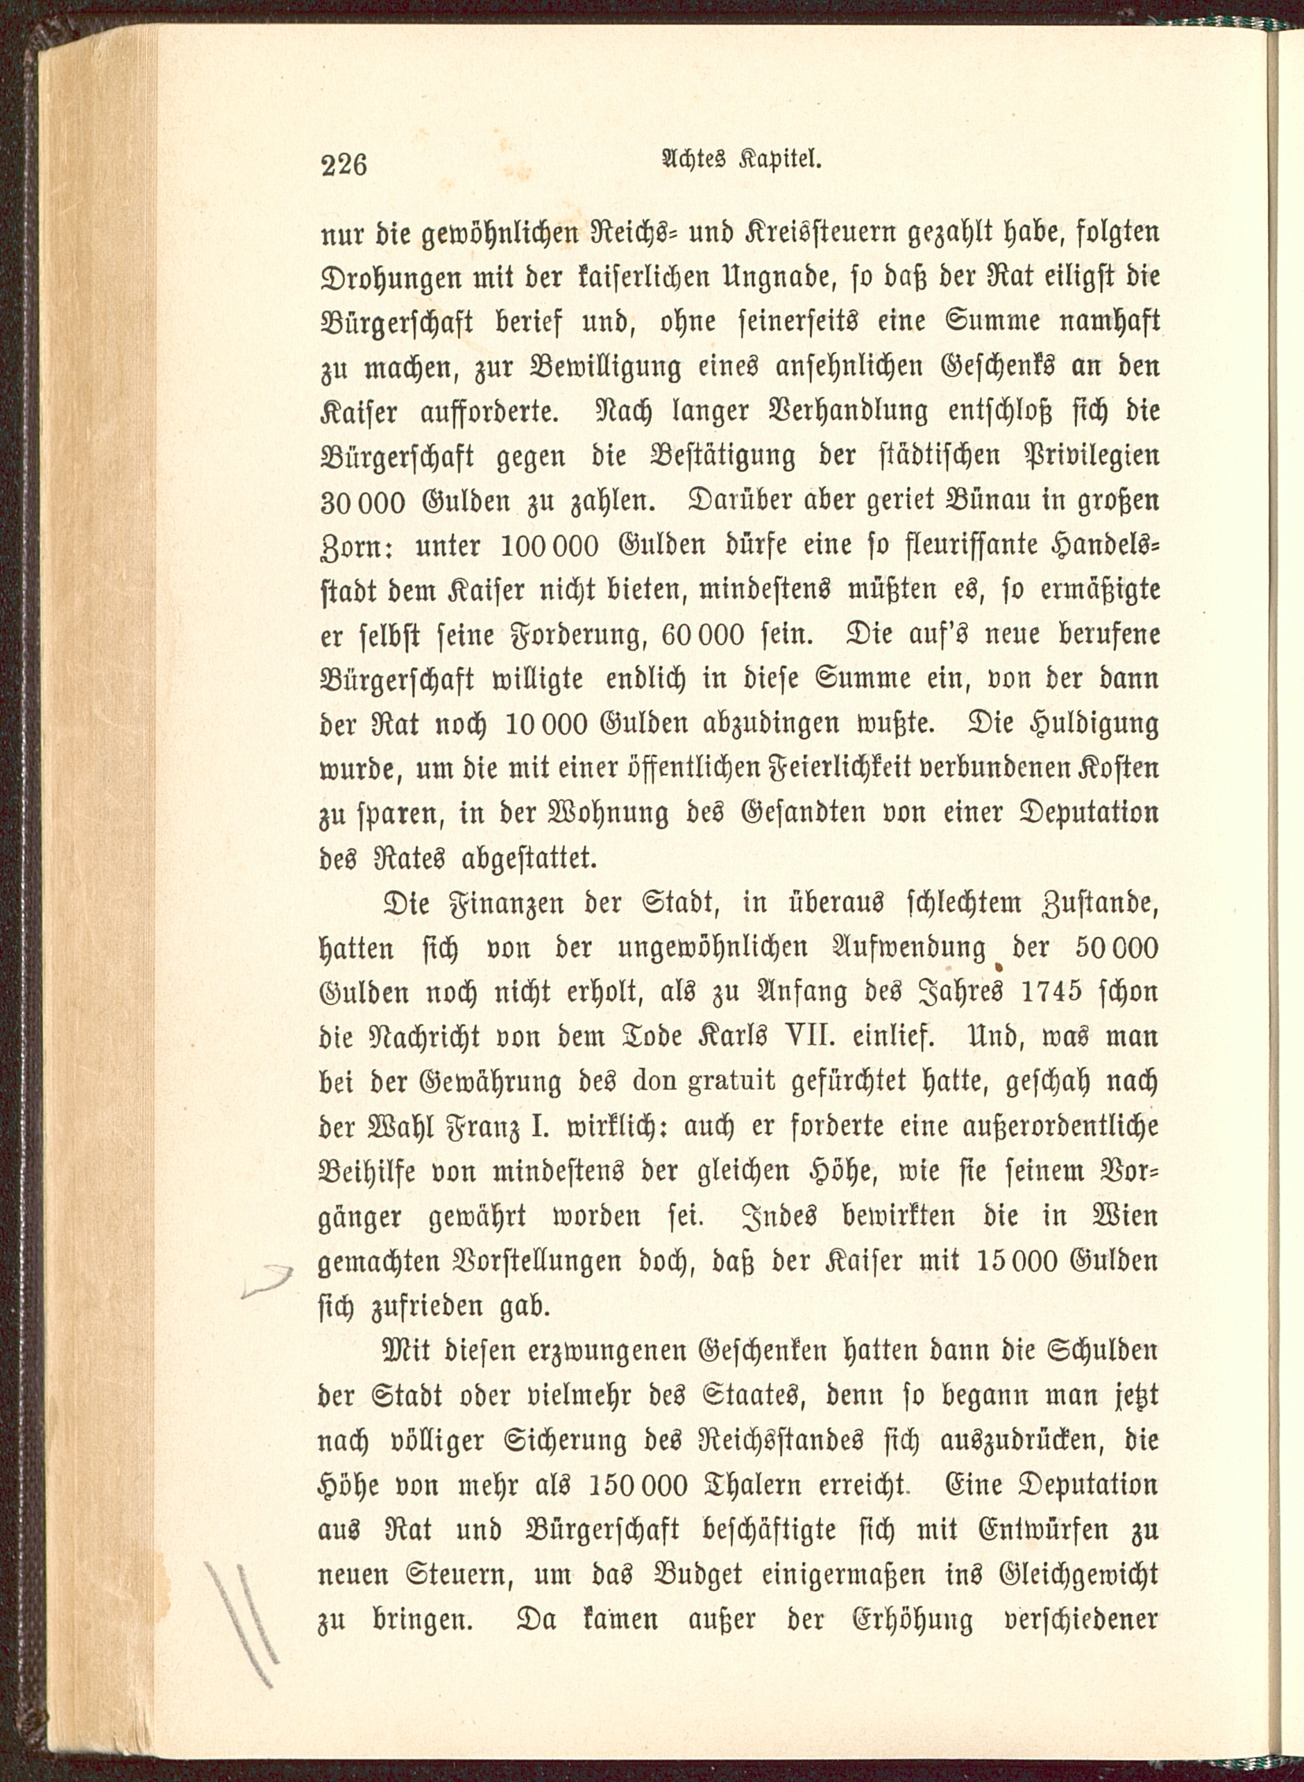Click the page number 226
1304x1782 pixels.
344,165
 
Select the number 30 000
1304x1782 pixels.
362,503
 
